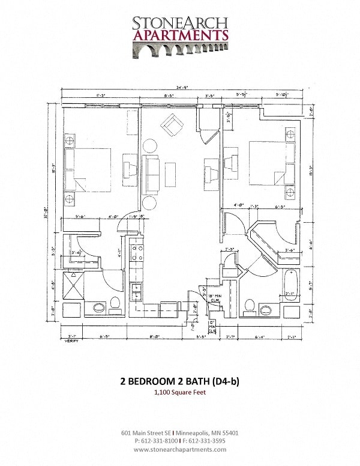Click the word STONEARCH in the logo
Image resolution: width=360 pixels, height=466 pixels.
(x=180, y=23)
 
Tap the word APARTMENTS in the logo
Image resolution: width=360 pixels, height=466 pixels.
(x=180, y=35)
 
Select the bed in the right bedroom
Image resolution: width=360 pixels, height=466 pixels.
(x=271, y=162)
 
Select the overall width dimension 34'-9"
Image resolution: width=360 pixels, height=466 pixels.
(x=180, y=88)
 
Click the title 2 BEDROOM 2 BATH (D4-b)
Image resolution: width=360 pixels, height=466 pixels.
(x=180, y=381)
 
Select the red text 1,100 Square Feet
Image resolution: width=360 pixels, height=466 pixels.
(x=180, y=392)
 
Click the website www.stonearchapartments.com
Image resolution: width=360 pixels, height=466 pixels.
(x=180, y=449)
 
